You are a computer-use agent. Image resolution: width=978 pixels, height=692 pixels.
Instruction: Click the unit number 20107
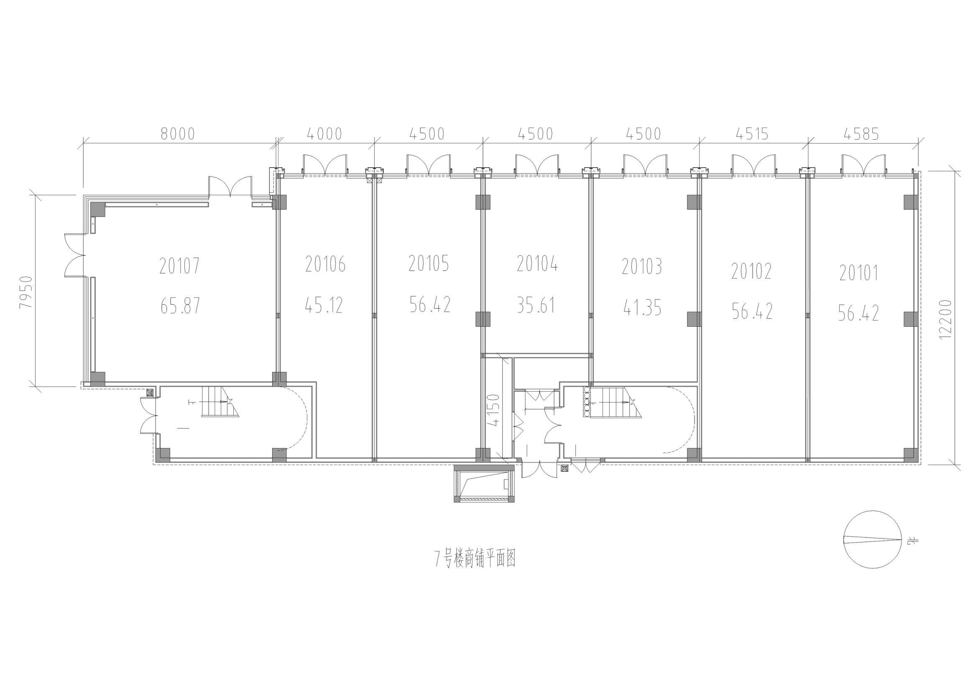click(x=180, y=267)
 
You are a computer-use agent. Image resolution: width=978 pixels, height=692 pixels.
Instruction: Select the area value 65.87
click(x=180, y=305)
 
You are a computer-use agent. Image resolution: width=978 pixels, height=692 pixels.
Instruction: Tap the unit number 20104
click(x=537, y=264)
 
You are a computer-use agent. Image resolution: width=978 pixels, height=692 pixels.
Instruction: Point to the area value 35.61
click(x=536, y=305)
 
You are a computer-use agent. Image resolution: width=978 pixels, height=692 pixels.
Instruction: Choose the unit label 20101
click(x=859, y=273)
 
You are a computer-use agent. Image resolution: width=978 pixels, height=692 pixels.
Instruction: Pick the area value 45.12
click(x=324, y=305)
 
